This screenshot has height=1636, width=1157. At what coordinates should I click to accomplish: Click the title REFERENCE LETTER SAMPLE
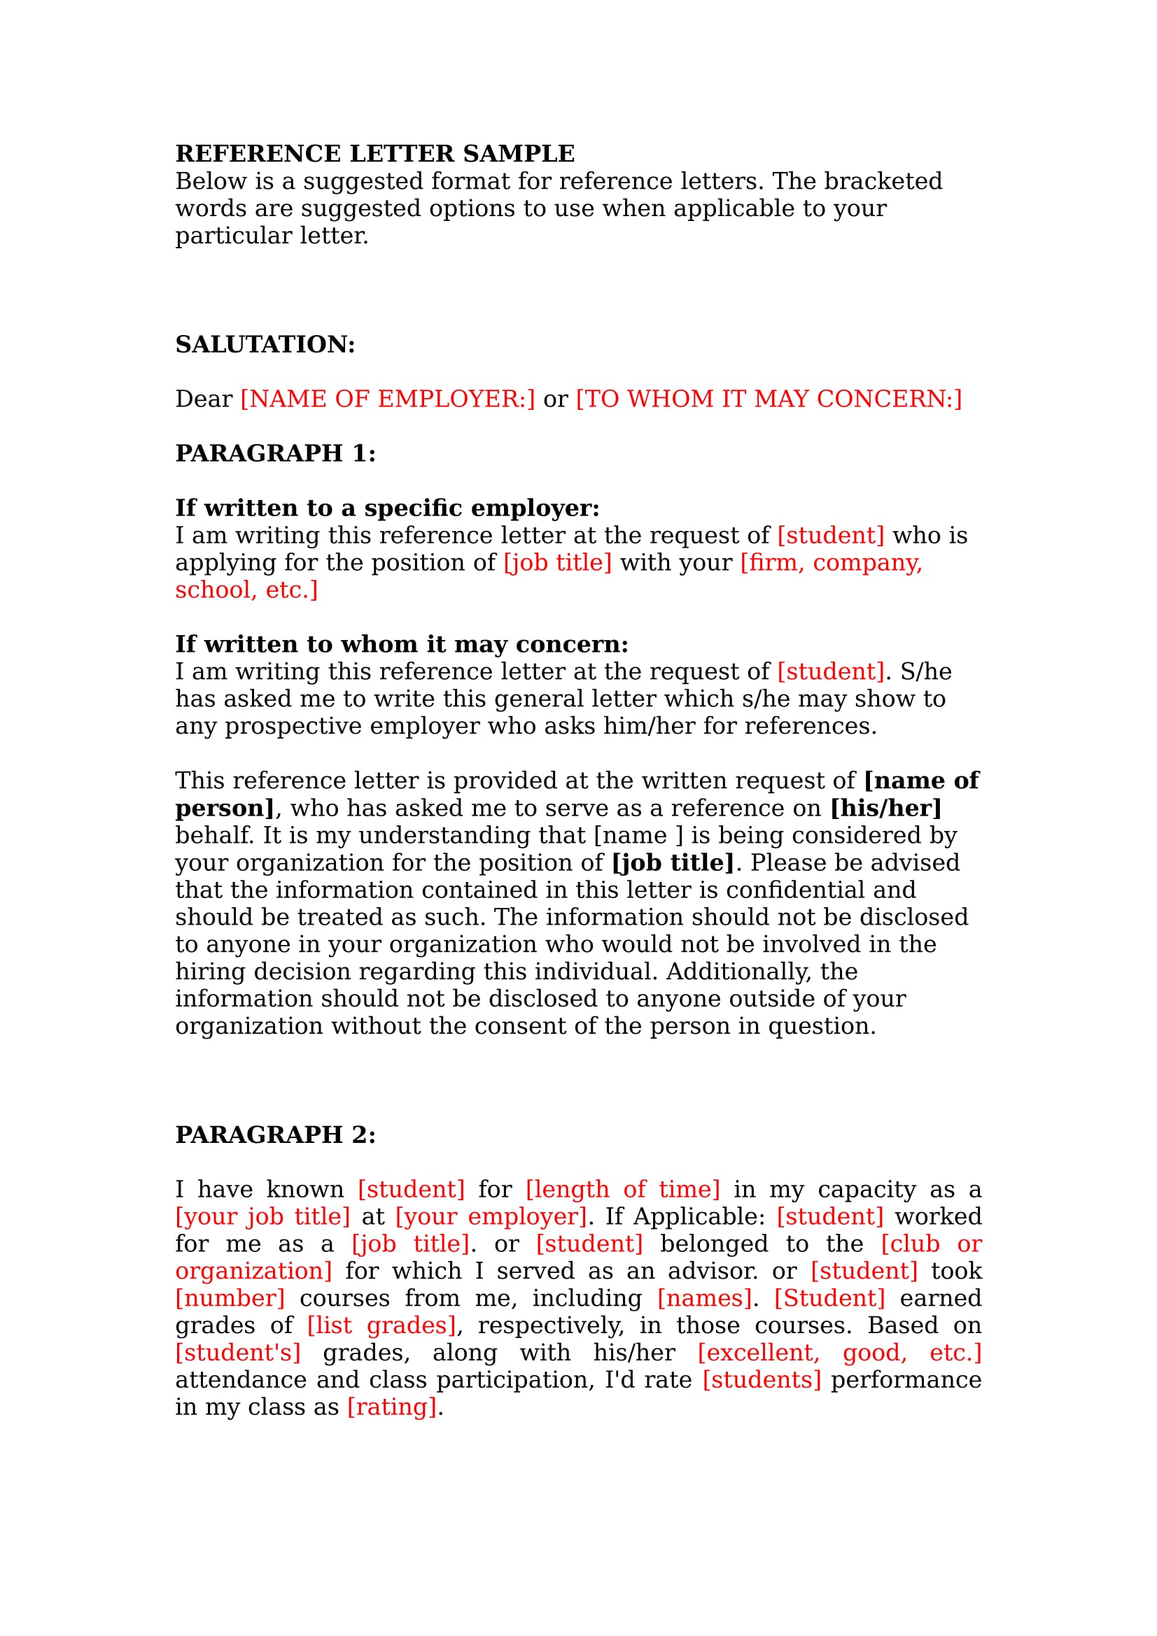[375, 153]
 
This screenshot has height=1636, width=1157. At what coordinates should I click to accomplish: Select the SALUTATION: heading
[265, 344]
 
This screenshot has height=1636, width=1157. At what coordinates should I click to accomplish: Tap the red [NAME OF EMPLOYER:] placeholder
[387, 399]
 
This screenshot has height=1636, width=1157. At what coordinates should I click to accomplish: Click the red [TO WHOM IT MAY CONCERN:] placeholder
[769, 399]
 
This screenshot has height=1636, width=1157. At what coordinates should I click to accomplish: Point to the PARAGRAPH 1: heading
[275, 453]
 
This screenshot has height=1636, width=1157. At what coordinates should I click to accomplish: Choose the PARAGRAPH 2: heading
[275, 1134]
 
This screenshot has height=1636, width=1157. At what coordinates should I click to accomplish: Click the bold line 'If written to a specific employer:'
[387, 508]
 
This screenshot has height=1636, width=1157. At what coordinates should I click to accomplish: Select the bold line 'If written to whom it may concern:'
[401, 644]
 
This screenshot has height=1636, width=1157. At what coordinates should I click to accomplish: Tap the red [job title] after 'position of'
[557, 563]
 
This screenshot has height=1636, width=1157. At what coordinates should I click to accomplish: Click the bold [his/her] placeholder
[886, 808]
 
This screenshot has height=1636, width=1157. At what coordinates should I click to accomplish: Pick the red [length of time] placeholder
[622, 1189]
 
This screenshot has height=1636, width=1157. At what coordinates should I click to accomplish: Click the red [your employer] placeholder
[491, 1216]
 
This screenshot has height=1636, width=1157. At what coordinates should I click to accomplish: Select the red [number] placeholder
[230, 1298]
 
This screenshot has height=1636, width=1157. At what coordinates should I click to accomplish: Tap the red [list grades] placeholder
[381, 1325]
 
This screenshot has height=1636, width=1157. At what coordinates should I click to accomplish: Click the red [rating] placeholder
[391, 1407]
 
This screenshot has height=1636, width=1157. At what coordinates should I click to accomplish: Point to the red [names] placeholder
[704, 1298]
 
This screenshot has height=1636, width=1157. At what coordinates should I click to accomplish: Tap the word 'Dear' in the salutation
[204, 399]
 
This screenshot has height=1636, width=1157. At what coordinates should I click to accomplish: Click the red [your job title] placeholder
[263, 1216]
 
